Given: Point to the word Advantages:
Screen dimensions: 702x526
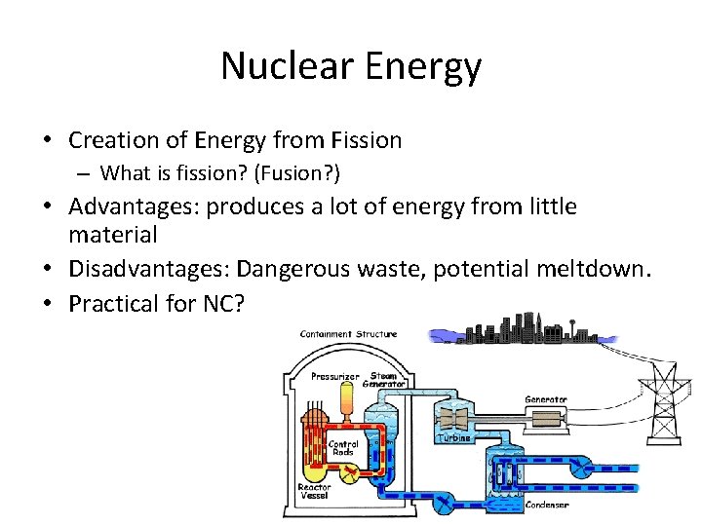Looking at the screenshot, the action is [135, 207].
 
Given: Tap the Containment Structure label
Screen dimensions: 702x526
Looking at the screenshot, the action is [348, 334].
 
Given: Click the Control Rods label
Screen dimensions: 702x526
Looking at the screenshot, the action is [343, 449].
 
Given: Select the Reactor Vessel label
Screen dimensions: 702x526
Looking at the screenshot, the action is [314, 492].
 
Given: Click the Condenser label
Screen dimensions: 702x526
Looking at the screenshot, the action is [545, 504].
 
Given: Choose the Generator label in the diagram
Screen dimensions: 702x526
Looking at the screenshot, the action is [545, 399].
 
